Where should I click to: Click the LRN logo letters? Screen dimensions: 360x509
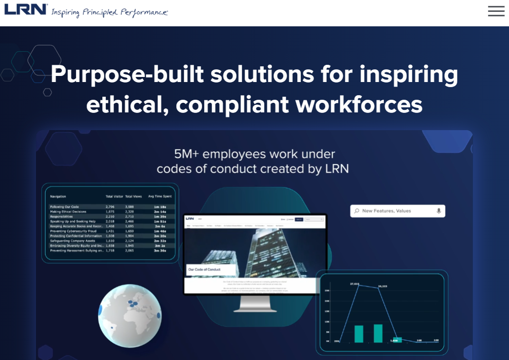pos(26,9)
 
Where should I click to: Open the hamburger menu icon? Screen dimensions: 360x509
pos(496,11)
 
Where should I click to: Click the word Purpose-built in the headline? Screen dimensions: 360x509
pos(126,74)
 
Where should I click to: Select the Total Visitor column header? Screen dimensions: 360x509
pos(114,196)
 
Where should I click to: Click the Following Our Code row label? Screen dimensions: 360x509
pos(65,207)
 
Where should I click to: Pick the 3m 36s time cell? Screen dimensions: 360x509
pos(161,250)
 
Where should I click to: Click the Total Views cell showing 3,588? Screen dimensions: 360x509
pos(130,207)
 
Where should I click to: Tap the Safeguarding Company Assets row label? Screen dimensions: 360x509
pos(72,241)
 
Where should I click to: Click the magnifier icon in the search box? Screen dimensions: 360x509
pos(357,211)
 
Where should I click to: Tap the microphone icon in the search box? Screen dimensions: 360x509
pos(439,211)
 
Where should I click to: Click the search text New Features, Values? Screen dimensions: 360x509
pos(386,211)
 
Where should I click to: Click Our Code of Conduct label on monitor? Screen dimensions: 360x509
pos(204,269)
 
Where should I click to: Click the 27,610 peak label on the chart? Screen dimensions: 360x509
pos(355,284)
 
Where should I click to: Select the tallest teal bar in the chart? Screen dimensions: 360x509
pos(378,333)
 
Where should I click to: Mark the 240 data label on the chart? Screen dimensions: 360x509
pos(436,340)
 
